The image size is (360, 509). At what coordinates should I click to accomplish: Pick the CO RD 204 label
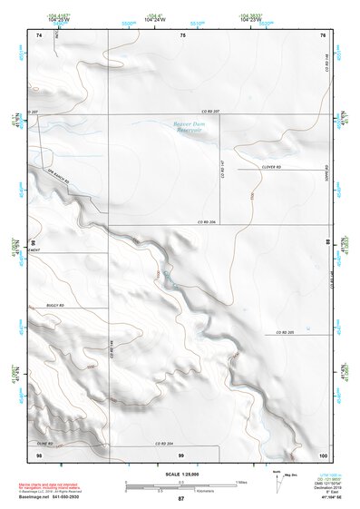(x=162, y=443)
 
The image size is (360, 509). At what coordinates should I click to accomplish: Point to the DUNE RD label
(x=45, y=443)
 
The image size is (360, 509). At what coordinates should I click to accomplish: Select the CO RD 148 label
(x=324, y=64)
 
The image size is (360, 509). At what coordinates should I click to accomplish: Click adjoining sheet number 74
(x=39, y=34)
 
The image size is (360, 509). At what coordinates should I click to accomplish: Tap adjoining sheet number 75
(x=181, y=34)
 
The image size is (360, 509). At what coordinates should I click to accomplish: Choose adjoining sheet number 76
(x=323, y=34)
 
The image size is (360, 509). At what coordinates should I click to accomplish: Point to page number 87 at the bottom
(x=180, y=499)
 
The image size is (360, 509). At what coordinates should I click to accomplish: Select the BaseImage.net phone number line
(x=63, y=497)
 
